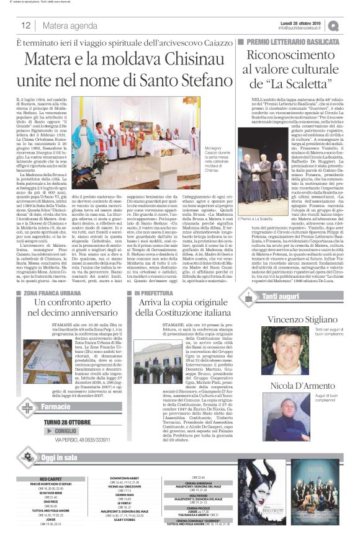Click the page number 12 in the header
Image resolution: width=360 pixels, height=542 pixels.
coord(27,25)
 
